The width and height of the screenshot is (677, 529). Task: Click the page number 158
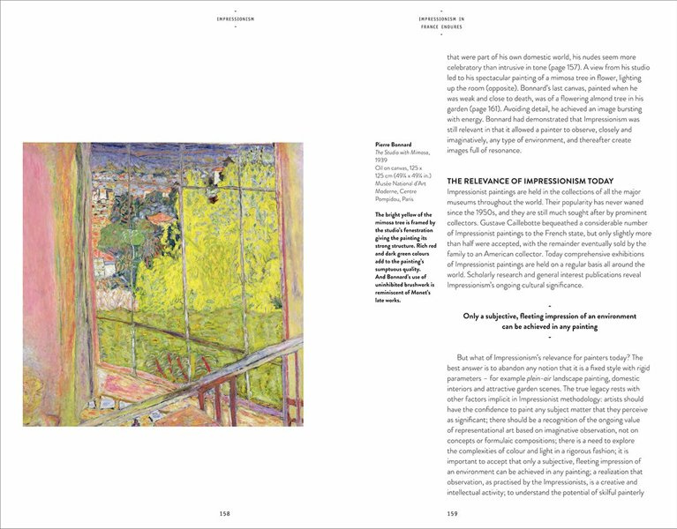[x=224, y=512]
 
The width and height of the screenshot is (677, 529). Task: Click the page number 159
[x=453, y=512]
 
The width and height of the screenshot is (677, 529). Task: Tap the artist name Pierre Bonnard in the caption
[x=394, y=145]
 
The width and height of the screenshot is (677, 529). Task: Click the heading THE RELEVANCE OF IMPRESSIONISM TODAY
[x=517, y=181]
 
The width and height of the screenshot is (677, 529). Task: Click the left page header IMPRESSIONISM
[x=235, y=18]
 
